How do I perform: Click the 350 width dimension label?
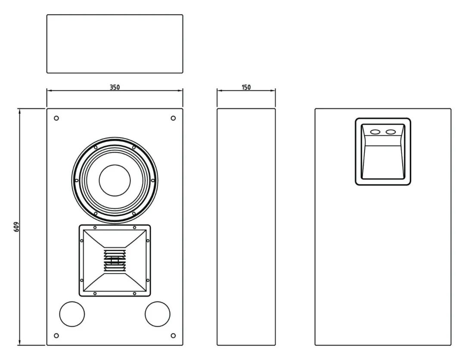click(x=115, y=87)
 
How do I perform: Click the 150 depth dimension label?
click(x=246, y=87)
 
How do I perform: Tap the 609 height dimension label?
click(x=17, y=227)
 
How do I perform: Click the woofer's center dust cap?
click(x=115, y=180)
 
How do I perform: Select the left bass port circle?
click(x=72, y=314)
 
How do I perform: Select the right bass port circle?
click(x=158, y=314)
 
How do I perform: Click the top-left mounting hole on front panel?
click(x=56, y=118)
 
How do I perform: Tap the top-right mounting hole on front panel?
click(x=173, y=118)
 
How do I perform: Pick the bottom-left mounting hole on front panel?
click(x=56, y=336)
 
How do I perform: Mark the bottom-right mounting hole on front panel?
click(x=173, y=336)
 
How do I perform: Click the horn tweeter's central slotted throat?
click(x=115, y=261)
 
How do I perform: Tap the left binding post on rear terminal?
click(x=375, y=132)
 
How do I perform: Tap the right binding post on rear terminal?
click(x=391, y=132)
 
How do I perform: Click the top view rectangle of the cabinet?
click(x=115, y=43)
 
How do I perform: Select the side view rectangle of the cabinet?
click(x=246, y=227)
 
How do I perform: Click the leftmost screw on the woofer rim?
click(x=77, y=180)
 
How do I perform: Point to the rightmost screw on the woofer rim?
click(x=153, y=180)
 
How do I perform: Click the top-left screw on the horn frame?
click(x=95, y=228)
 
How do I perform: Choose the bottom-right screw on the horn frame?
click(x=135, y=294)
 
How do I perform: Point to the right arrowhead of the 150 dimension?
click(x=273, y=90)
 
